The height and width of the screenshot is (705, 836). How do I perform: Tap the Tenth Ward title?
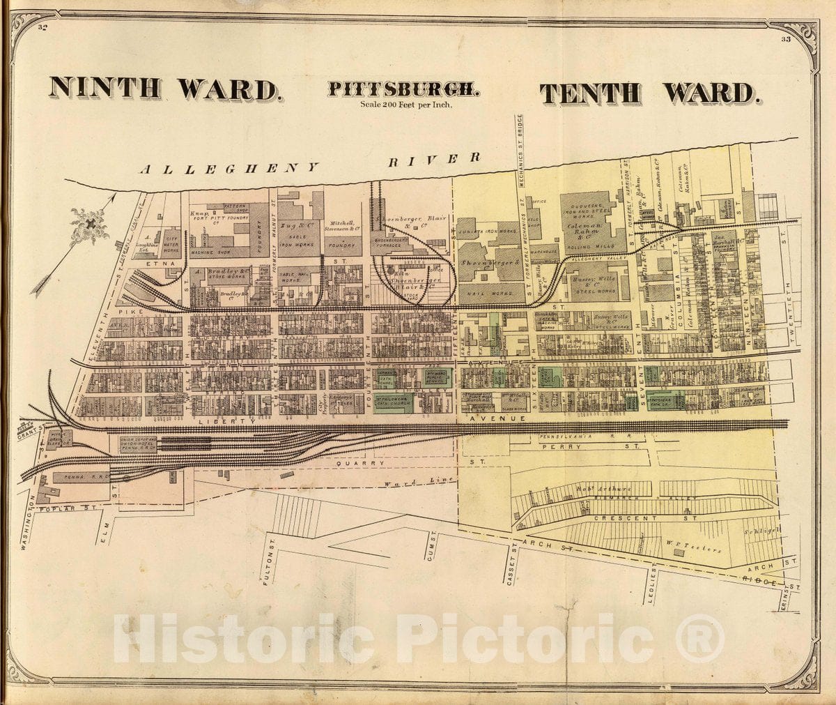click(648, 93)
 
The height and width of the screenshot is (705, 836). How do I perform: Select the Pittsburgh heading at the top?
click(403, 90)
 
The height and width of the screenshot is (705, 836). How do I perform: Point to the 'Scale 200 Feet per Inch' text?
click(406, 105)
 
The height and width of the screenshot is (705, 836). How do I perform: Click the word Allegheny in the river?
click(230, 168)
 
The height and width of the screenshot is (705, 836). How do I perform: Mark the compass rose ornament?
click(90, 225)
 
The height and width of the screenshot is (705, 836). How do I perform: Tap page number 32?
click(43, 28)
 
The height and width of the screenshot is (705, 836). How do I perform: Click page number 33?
click(785, 39)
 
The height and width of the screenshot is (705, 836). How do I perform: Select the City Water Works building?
click(172, 241)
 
